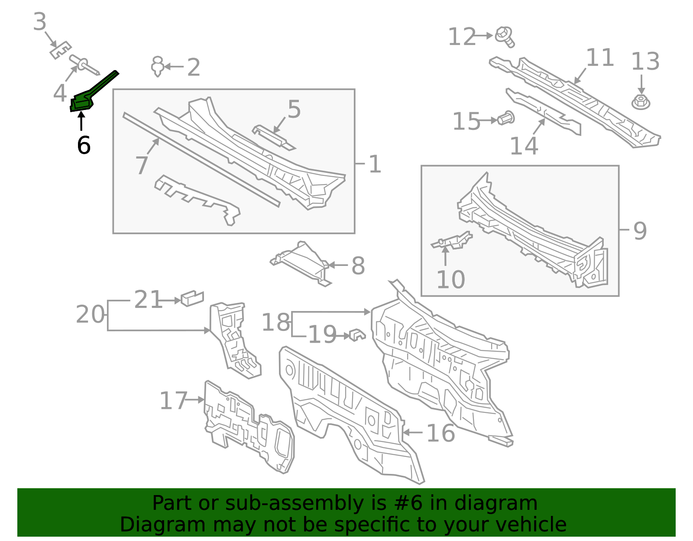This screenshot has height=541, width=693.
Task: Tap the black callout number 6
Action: pos(84,145)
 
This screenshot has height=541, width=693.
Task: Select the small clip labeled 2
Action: pos(158,66)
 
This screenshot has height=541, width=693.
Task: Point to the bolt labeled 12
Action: pos(505,36)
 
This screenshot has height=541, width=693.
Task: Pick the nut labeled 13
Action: pos(641,102)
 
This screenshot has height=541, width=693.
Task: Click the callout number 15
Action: pos(466,121)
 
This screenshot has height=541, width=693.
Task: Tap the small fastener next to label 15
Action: pos(506,118)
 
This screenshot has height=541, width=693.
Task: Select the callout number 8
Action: pos(358,266)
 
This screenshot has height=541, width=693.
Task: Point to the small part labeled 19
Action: pos(357,334)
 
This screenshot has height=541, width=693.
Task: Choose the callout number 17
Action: pos(173,401)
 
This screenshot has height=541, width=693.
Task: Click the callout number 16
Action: pos(440,433)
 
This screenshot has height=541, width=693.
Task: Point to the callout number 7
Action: pos(142,165)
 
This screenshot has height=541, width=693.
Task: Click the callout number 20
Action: pos(90,314)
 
